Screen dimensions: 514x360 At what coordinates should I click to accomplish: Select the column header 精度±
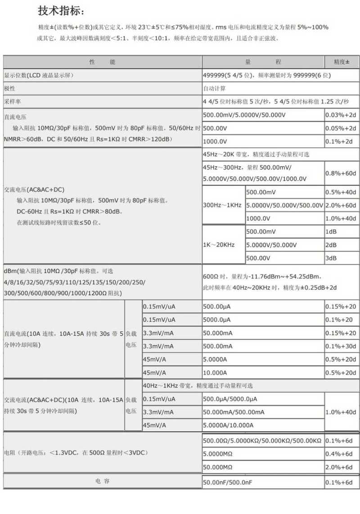(x=342, y=62)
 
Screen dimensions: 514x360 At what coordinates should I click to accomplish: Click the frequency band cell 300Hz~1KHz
(x=222, y=205)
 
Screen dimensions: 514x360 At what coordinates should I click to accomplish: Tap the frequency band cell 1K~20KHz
(x=219, y=245)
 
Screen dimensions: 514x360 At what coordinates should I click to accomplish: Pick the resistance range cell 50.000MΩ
(x=218, y=467)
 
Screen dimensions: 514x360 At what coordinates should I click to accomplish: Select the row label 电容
(x=102, y=481)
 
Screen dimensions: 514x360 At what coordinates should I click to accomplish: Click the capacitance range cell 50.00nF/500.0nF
(x=228, y=482)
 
